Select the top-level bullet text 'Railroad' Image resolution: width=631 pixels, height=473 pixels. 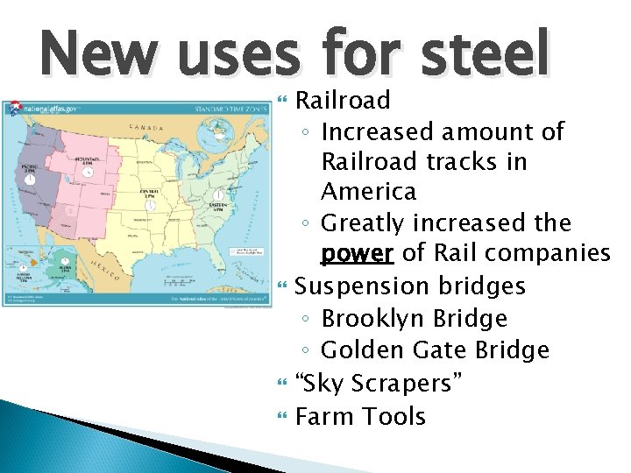pos(343,101)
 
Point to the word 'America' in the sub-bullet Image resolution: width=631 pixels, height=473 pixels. pos(368,192)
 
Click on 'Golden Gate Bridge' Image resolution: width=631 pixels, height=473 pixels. pos(435,350)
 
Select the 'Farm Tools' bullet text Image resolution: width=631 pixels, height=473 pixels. pos(360,416)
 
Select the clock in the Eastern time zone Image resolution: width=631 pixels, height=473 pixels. pos(218,197)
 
